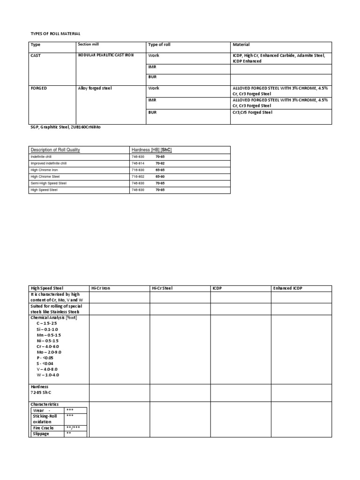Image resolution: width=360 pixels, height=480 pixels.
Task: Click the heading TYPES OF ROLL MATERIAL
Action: pos(55,34)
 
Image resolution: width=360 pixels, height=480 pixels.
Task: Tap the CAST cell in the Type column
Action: pos(36,55)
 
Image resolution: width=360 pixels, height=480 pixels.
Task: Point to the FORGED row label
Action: pos(39,88)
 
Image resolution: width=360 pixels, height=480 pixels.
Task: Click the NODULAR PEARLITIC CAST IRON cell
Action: pos(106,55)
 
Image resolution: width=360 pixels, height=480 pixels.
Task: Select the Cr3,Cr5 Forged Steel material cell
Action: pos(252,112)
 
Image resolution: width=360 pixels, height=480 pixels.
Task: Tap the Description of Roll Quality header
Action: pos(55,150)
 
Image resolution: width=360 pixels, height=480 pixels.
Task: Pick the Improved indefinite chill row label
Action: pos(49,163)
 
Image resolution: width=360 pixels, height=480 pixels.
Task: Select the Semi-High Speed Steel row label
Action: pos(48,183)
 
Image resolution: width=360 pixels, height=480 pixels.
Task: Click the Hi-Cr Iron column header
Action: pos(100,288)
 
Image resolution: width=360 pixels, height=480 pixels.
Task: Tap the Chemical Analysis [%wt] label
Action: pos(53,317)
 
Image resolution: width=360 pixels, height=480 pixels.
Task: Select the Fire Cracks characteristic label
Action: pos(43,428)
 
